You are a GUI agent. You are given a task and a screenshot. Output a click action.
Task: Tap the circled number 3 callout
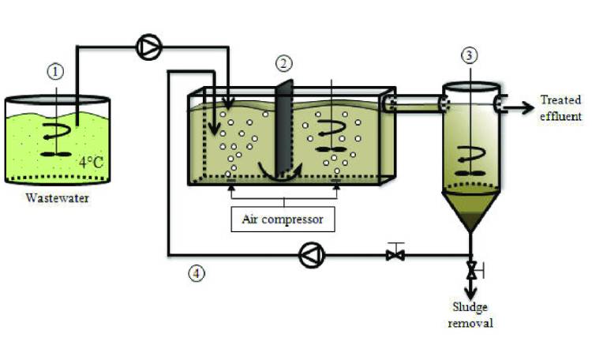[x=470, y=55]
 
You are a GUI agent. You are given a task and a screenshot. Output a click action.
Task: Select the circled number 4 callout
[x=197, y=274]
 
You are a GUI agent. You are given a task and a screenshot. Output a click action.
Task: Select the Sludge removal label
[x=473, y=314]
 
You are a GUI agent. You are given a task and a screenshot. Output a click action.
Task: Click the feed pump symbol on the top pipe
[x=148, y=48]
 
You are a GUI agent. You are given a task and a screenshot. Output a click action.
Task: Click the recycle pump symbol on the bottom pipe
[x=309, y=255]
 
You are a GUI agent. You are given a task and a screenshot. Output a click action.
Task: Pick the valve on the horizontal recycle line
[x=396, y=254]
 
